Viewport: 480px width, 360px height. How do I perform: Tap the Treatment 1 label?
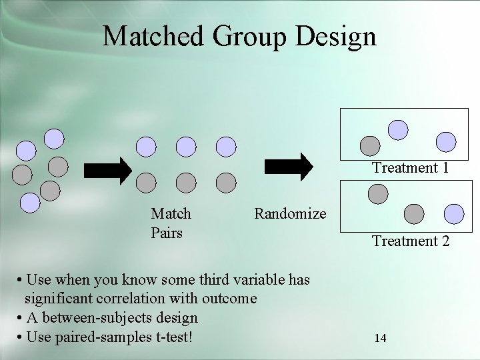click(410, 167)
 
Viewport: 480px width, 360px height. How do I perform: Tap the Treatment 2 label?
click(411, 241)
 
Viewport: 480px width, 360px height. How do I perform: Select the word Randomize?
click(290, 214)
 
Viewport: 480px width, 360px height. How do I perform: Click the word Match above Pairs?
click(171, 214)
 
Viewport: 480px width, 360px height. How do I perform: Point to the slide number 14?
click(380, 338)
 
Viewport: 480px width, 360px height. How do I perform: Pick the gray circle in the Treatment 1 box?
click(369, 145)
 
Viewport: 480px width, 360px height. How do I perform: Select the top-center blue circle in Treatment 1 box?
click(398, 129)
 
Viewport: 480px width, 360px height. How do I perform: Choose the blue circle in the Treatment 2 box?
click(453, 213)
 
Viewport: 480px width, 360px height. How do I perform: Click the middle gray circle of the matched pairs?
click(186, 181)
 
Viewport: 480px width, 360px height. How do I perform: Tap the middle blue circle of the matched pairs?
click(186, 146)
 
